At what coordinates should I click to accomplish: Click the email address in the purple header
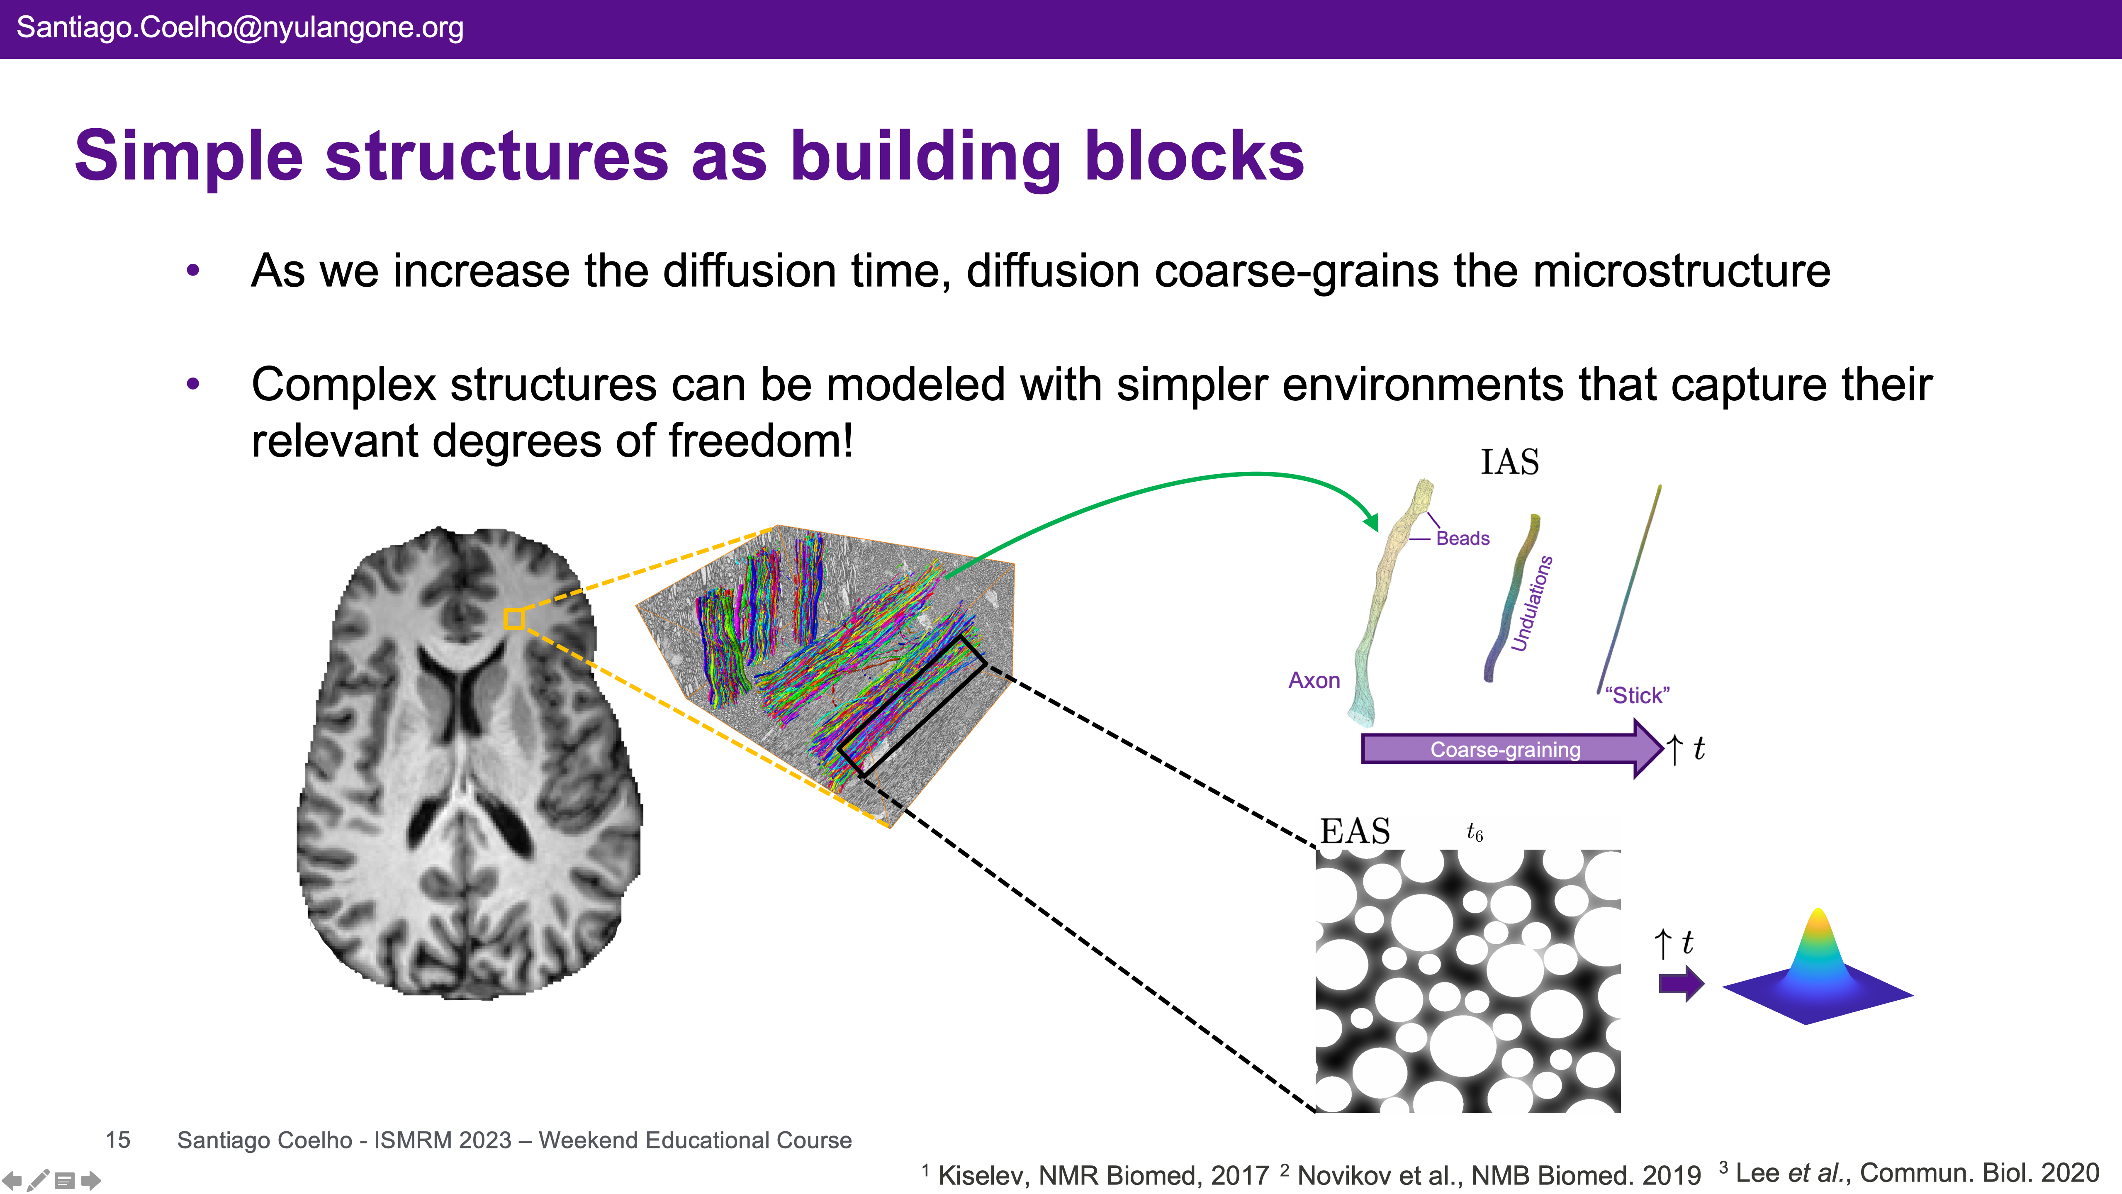tap(240, 28)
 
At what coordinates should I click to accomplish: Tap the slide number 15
tap(118, 1140)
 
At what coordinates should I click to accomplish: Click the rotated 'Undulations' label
tap(1531, 603)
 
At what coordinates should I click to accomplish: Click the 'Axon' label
tap(1314, 681)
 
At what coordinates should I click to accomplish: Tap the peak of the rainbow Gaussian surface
tap(1818, 915)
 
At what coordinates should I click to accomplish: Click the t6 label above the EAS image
tap(1475, 833)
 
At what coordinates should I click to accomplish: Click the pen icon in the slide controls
tap(38, 1180)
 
